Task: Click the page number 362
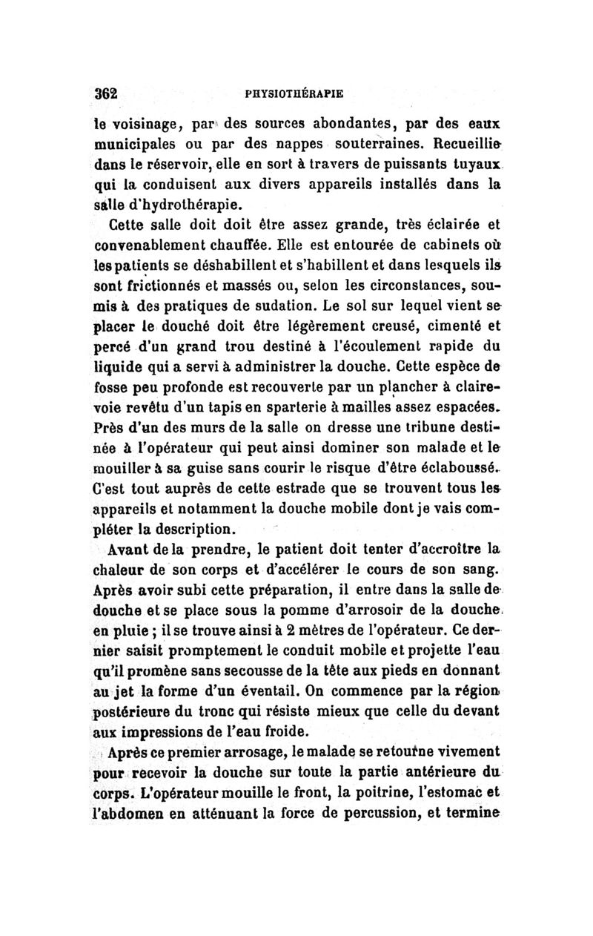[107, 94]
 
